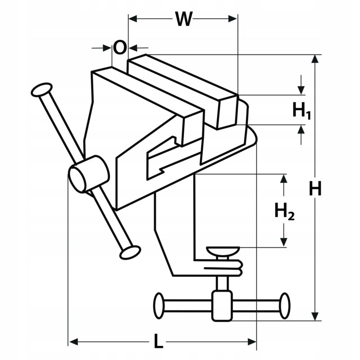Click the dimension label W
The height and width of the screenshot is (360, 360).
(184, 19)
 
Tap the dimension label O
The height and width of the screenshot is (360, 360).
(120, 48)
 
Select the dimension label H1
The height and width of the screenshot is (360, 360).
(301, 111)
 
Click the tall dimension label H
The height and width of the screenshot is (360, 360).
(315, 188)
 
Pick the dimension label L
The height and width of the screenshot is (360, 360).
(158, 342)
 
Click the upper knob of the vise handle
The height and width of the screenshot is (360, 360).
(42, 90)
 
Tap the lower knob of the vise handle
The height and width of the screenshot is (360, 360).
(130, 252)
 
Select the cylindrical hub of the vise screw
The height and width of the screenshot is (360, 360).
(89, 174)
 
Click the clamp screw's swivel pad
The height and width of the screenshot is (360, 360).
(223, 252)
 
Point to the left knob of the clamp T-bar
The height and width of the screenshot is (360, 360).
(159, 306)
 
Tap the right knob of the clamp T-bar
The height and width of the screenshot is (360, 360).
(285, 306)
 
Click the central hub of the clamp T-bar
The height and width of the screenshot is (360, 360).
(222, 306)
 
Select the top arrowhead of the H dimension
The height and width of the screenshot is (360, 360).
(315, 59)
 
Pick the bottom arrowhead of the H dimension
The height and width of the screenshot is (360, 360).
(315, 317)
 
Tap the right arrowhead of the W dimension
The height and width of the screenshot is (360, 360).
(233, 19)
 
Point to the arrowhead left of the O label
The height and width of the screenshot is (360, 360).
(107, 48)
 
